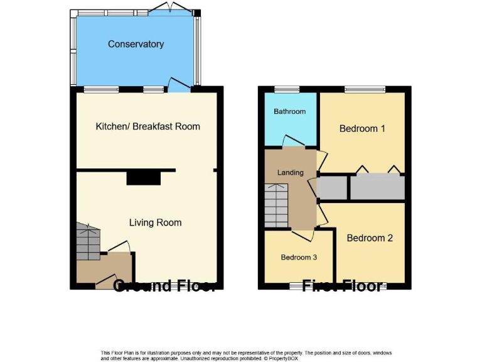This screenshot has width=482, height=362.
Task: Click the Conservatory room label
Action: coord(136,44)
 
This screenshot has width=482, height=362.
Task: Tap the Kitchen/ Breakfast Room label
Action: coord(147,126)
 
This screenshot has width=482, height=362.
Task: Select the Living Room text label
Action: coord(155,222)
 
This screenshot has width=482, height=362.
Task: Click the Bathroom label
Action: coord(289,111)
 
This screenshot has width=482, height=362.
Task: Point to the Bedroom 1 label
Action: coord(361,128)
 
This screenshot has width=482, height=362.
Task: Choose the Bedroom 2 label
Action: coord(370,238)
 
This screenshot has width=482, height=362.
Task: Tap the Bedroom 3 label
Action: coord(299,257)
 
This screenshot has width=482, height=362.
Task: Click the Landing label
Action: coord(290,172)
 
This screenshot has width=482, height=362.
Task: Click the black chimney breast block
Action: coord(144,178)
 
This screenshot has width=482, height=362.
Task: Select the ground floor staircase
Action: coord(88,243)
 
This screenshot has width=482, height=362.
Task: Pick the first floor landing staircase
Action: coord(276,205)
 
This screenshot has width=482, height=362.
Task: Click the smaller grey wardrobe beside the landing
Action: coord(333,187)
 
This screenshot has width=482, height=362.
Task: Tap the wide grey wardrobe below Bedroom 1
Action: coord(377,187)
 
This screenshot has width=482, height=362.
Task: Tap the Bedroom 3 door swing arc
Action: coord(304,235)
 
